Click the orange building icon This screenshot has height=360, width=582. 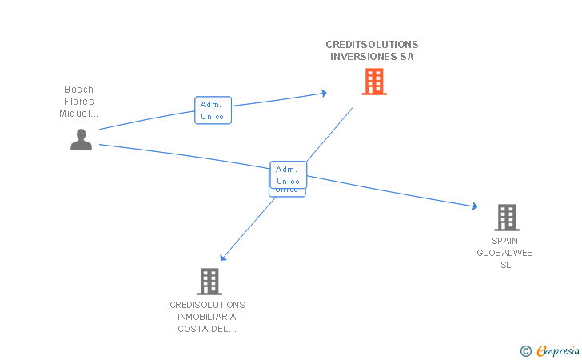click(374, 82)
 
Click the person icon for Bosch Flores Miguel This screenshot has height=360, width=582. click(81, 139)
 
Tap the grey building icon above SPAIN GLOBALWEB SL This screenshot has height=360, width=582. click(506, 217)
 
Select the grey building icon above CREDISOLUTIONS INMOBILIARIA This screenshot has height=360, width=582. click(209, 282)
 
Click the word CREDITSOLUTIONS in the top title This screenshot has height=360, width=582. click(372, 45)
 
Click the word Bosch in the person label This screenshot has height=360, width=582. click(79, 90)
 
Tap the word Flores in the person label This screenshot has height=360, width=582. click(79, 102)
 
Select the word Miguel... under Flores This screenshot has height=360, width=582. click(79, 114)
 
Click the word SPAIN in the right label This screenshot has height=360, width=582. click(505, 241)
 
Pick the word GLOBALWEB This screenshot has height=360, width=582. click(505, 253)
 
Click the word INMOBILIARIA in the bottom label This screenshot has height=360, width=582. click(207, 317)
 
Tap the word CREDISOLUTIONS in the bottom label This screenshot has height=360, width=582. click(207, 305)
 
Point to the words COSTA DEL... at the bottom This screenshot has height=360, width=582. click(207, 329)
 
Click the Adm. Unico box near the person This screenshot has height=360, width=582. click(213, 110)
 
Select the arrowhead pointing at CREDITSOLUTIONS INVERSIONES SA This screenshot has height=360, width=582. click(324, 93)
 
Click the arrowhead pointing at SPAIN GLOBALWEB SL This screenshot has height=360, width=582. click(474, 206)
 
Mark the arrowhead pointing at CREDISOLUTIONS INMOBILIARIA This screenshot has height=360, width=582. click(224, 258)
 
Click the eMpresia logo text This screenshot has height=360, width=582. click(557, 350)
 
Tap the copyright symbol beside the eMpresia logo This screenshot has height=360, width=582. click(525, 350)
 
